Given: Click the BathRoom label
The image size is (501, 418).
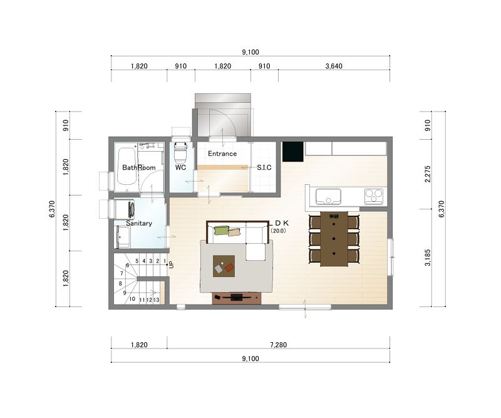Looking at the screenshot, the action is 138,167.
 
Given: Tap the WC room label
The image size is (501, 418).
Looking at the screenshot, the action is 180,167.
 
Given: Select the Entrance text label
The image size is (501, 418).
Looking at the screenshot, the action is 222,154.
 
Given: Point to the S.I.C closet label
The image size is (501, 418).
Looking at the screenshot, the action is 264,167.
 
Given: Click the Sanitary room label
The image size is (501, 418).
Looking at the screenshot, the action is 138,223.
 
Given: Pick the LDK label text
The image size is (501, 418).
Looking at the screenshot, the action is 279,223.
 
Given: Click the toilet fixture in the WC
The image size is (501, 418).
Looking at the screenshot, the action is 180,152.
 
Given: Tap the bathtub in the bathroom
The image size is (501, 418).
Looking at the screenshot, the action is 126,166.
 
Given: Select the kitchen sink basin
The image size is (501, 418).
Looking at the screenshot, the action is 328,196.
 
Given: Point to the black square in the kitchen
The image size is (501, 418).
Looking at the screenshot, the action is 292,152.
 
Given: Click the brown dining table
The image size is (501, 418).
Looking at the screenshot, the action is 334,239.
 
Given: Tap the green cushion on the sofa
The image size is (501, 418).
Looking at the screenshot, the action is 222,230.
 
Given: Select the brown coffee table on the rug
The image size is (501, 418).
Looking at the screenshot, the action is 224,266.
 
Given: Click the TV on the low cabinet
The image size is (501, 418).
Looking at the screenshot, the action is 237,298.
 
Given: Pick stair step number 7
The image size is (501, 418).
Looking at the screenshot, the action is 121,273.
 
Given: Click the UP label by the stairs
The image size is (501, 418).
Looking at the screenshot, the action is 172,265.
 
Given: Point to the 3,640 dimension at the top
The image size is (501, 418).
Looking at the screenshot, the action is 334,66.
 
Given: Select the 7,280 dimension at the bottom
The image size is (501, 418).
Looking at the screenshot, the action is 278,345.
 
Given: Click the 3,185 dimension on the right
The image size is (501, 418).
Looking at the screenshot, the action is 428,258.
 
